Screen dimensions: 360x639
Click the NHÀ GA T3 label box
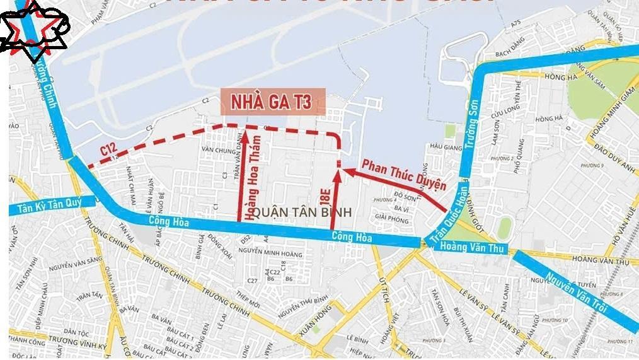[272, 102]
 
